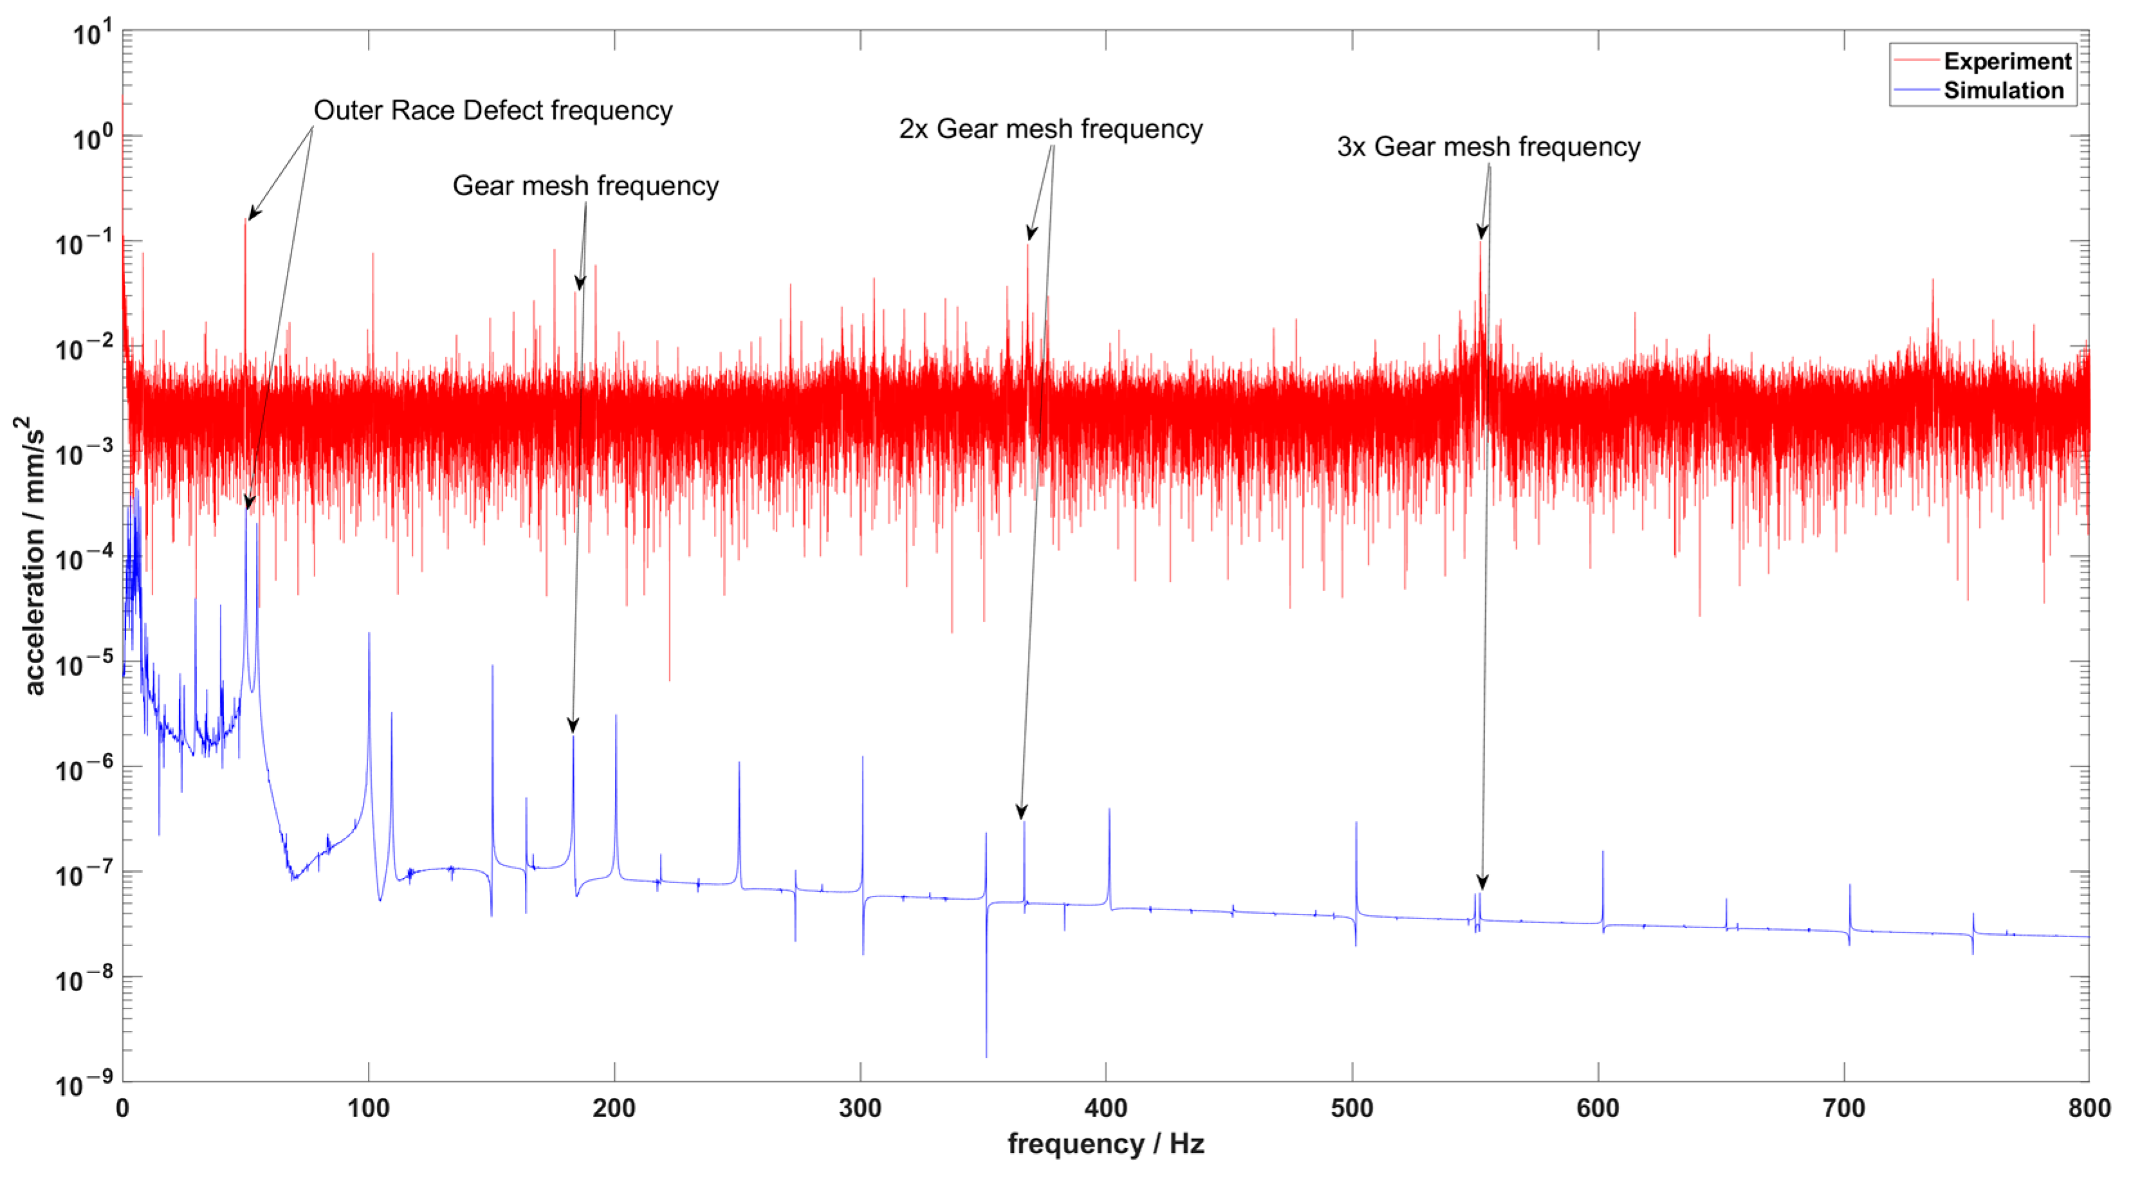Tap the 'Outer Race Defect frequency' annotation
click(x=493, y=110)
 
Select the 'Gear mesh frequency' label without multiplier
click(x=585, y=185)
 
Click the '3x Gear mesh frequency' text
click(x=1488, y=147)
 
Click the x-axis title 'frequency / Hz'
click(x=1106, y=1144)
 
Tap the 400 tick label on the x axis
click(x=1106, y=1108)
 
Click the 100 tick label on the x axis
click(x=369, y=1108)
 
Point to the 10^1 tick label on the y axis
click(x=91, y=35)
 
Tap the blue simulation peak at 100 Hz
click(x=369, y=636)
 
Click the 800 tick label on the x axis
click(x=2088, y=1108)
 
